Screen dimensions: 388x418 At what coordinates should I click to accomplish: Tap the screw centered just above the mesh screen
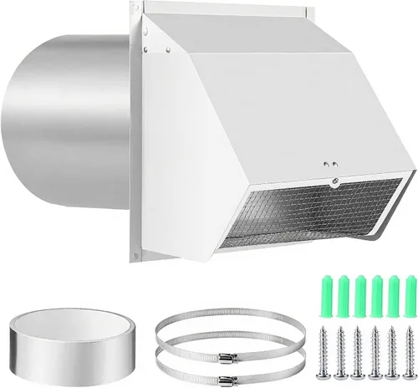[333, 178]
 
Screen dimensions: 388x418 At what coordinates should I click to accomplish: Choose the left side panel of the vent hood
[196, 159]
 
